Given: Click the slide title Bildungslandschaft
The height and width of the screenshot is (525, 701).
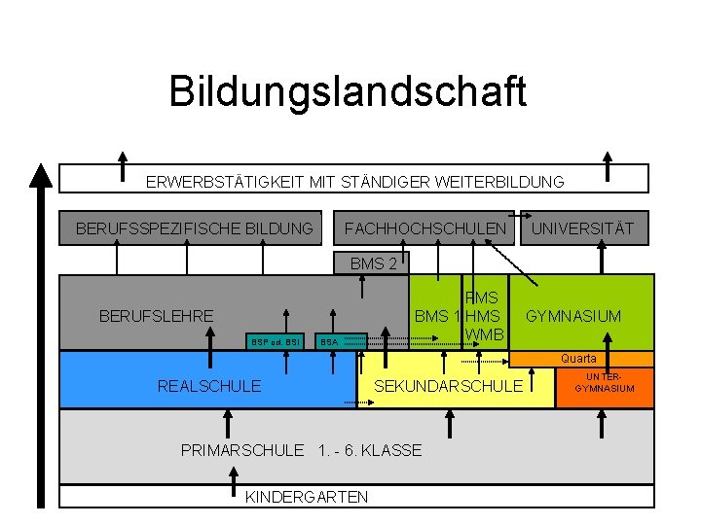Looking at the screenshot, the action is (x=348, y=91).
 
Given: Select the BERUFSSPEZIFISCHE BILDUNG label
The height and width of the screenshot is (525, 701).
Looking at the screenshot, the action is (x=195, y=229).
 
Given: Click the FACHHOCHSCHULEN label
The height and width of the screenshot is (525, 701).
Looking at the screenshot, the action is (x=425, y=229).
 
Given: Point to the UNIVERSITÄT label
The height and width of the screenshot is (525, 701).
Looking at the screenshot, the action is (x=581, y=229).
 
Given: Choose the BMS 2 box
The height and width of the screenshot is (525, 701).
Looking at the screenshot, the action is (x=373, y=263).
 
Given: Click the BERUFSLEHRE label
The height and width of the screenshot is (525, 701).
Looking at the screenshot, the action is (x=156, y=316).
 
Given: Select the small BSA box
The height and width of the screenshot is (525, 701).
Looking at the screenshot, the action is (x=329, y=342).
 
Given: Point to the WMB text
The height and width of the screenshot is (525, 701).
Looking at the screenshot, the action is (x=484, y=334).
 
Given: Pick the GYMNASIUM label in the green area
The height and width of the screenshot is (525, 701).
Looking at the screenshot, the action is (x=573, y=316).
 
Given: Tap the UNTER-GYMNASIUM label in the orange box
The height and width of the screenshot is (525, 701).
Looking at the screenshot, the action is (x=605, y=382).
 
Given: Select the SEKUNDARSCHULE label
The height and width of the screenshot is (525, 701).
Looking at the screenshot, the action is (x=448, y=387).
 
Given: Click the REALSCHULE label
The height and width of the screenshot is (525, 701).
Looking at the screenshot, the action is (x=209, y=387).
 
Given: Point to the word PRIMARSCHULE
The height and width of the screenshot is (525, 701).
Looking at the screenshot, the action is (x=242, y=450).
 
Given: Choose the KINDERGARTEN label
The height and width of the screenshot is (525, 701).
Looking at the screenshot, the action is (x=306, y=497).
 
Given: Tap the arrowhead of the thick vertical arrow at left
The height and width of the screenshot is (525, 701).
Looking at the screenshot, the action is (x=40, y=176).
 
